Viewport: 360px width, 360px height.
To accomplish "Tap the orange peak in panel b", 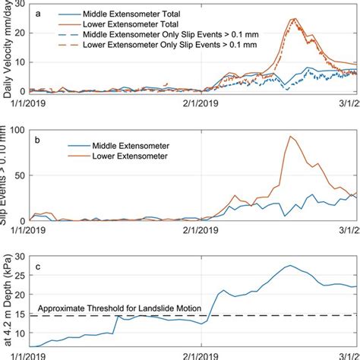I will coord(289,137).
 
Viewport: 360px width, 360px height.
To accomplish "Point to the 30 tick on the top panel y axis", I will coord(24,4).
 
